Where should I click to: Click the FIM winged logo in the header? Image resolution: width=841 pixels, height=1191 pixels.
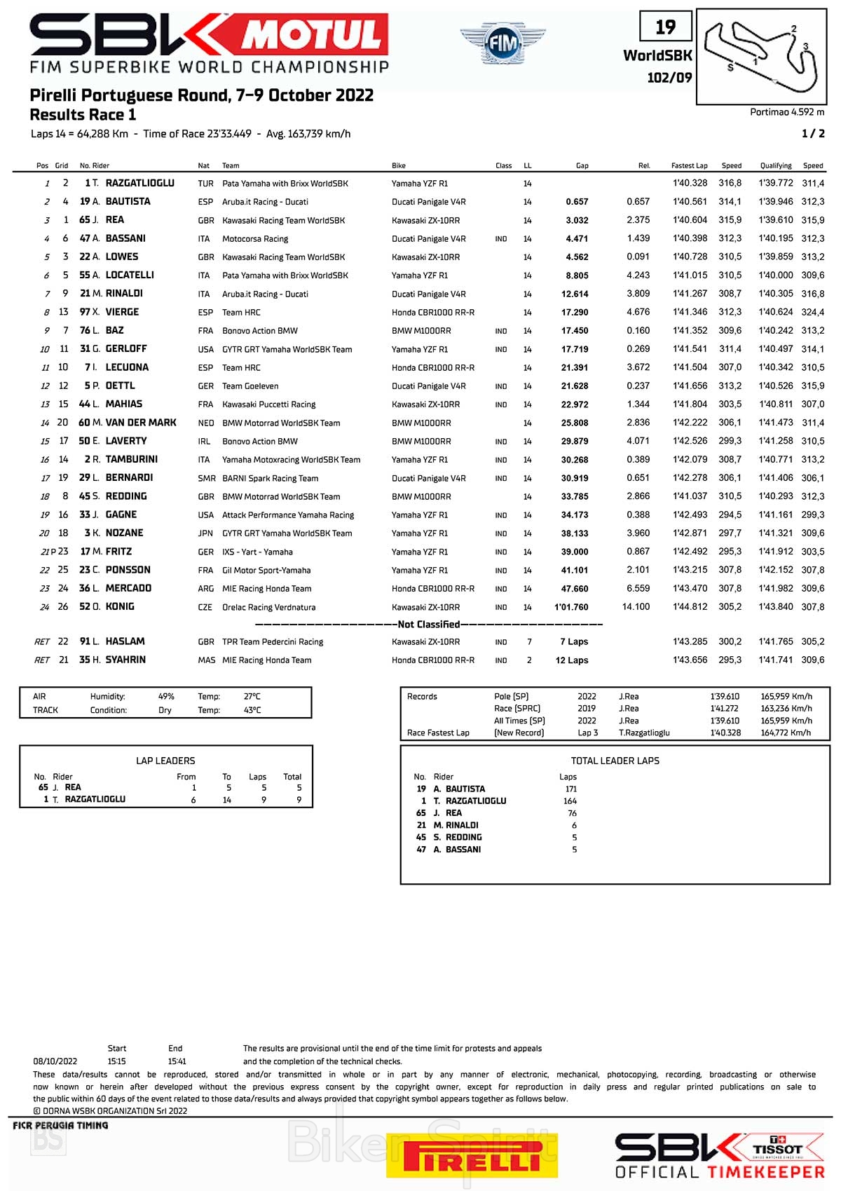[502, 43]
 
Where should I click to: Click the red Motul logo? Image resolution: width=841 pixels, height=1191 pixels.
[313, 34]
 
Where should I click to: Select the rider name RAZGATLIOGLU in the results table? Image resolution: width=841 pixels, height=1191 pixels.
[139, 183]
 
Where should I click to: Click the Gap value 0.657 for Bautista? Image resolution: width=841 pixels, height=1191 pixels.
[577, 202]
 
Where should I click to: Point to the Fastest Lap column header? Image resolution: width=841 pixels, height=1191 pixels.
[689, 166]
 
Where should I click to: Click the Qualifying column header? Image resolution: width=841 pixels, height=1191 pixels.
[776, 166]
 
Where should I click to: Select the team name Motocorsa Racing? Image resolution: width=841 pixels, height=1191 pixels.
[255, 239]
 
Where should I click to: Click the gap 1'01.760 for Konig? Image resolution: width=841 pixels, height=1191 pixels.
[571, 607]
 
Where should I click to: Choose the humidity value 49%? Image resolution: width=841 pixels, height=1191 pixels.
[166, 697]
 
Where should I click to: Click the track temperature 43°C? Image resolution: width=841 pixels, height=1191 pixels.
[252, 710]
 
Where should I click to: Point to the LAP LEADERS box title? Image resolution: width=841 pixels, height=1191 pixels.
[165, 761]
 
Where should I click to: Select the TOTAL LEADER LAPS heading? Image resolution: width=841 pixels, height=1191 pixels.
[615, 761]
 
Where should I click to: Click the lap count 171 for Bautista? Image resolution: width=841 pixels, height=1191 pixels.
[570, 789]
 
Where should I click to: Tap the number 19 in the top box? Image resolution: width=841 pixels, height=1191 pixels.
[665, 27]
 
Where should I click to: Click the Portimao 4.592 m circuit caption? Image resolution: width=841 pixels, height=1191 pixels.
[786, 112]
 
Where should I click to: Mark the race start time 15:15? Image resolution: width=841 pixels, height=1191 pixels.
[117, 1061]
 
